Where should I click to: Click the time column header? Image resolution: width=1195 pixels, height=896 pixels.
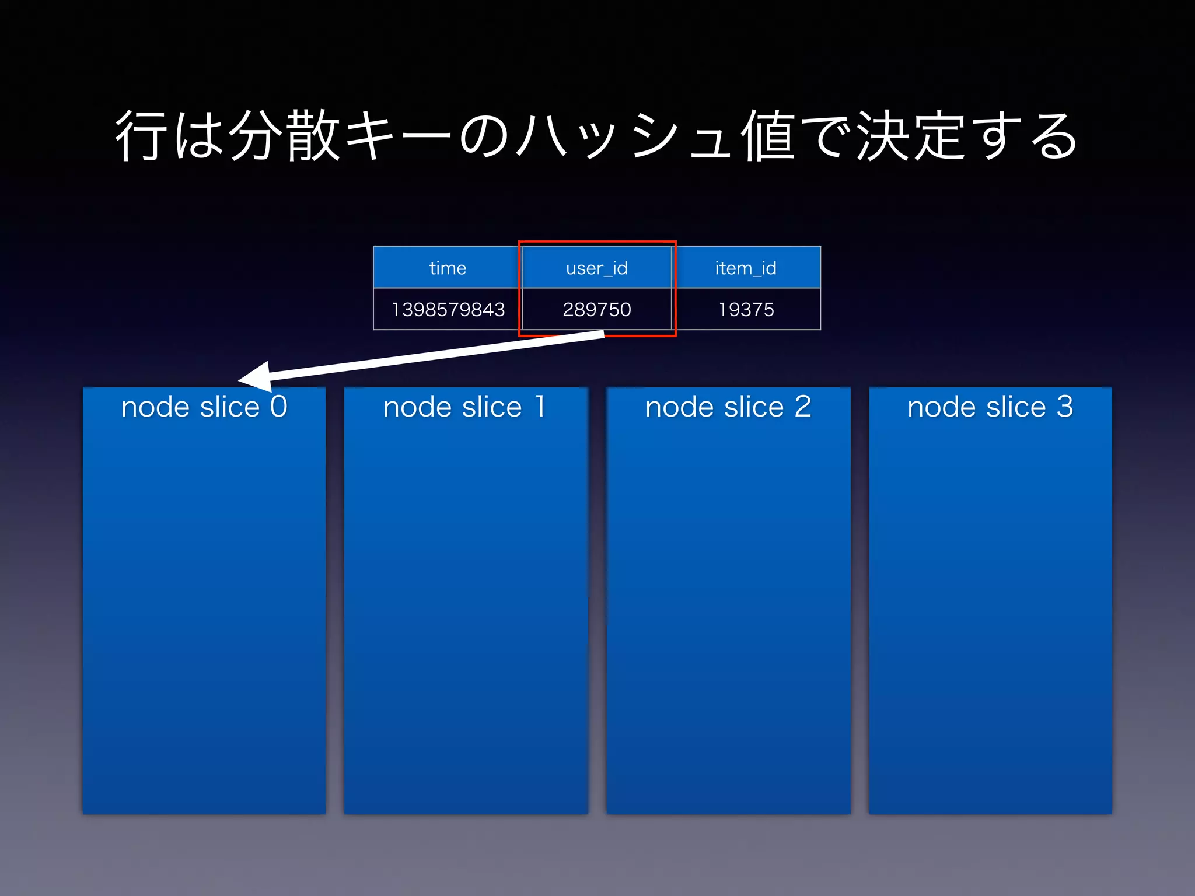pyautogui.click(x=448, y=268)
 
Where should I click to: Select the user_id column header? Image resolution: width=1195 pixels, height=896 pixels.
pyautogui.click(x=596, y=268)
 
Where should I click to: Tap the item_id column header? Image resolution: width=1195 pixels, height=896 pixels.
pyautogui.click(x=746, y=268)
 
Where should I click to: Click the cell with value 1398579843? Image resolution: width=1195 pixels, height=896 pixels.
pyautogui.click(x=448, y=309)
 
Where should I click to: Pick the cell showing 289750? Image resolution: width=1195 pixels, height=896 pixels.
pyautogui.click(x=596, y=309)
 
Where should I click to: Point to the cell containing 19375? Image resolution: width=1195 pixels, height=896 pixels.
pyautogui.click(x=746, y=309)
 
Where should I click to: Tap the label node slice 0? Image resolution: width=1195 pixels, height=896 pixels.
pyautogui.click(x=204, y=407)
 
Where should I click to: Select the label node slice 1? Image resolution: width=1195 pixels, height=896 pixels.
pyautogui.click(x=464, y=407)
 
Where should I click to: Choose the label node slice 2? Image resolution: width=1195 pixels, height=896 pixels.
pyautogui.click(x=728, y=407)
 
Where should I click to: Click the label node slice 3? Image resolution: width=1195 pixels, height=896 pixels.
pyautogui.click(x=990, y=407)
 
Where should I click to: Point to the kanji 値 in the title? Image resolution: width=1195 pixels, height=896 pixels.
pyautogui.click(x=768, y=135)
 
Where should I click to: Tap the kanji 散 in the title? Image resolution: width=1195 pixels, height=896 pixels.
pyautogui.click(x=313, y=135)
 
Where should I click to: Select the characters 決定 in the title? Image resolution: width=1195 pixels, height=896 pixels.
pyautogui.click(x=910, y=135)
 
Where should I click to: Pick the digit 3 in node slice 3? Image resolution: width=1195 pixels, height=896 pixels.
pyautogui.click(x=1065, y=407)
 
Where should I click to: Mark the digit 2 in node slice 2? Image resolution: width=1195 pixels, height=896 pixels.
pyautogui.click(x=803, y=407)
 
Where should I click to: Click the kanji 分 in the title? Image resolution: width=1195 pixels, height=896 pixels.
pyautogui.click(x=256, y=135)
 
